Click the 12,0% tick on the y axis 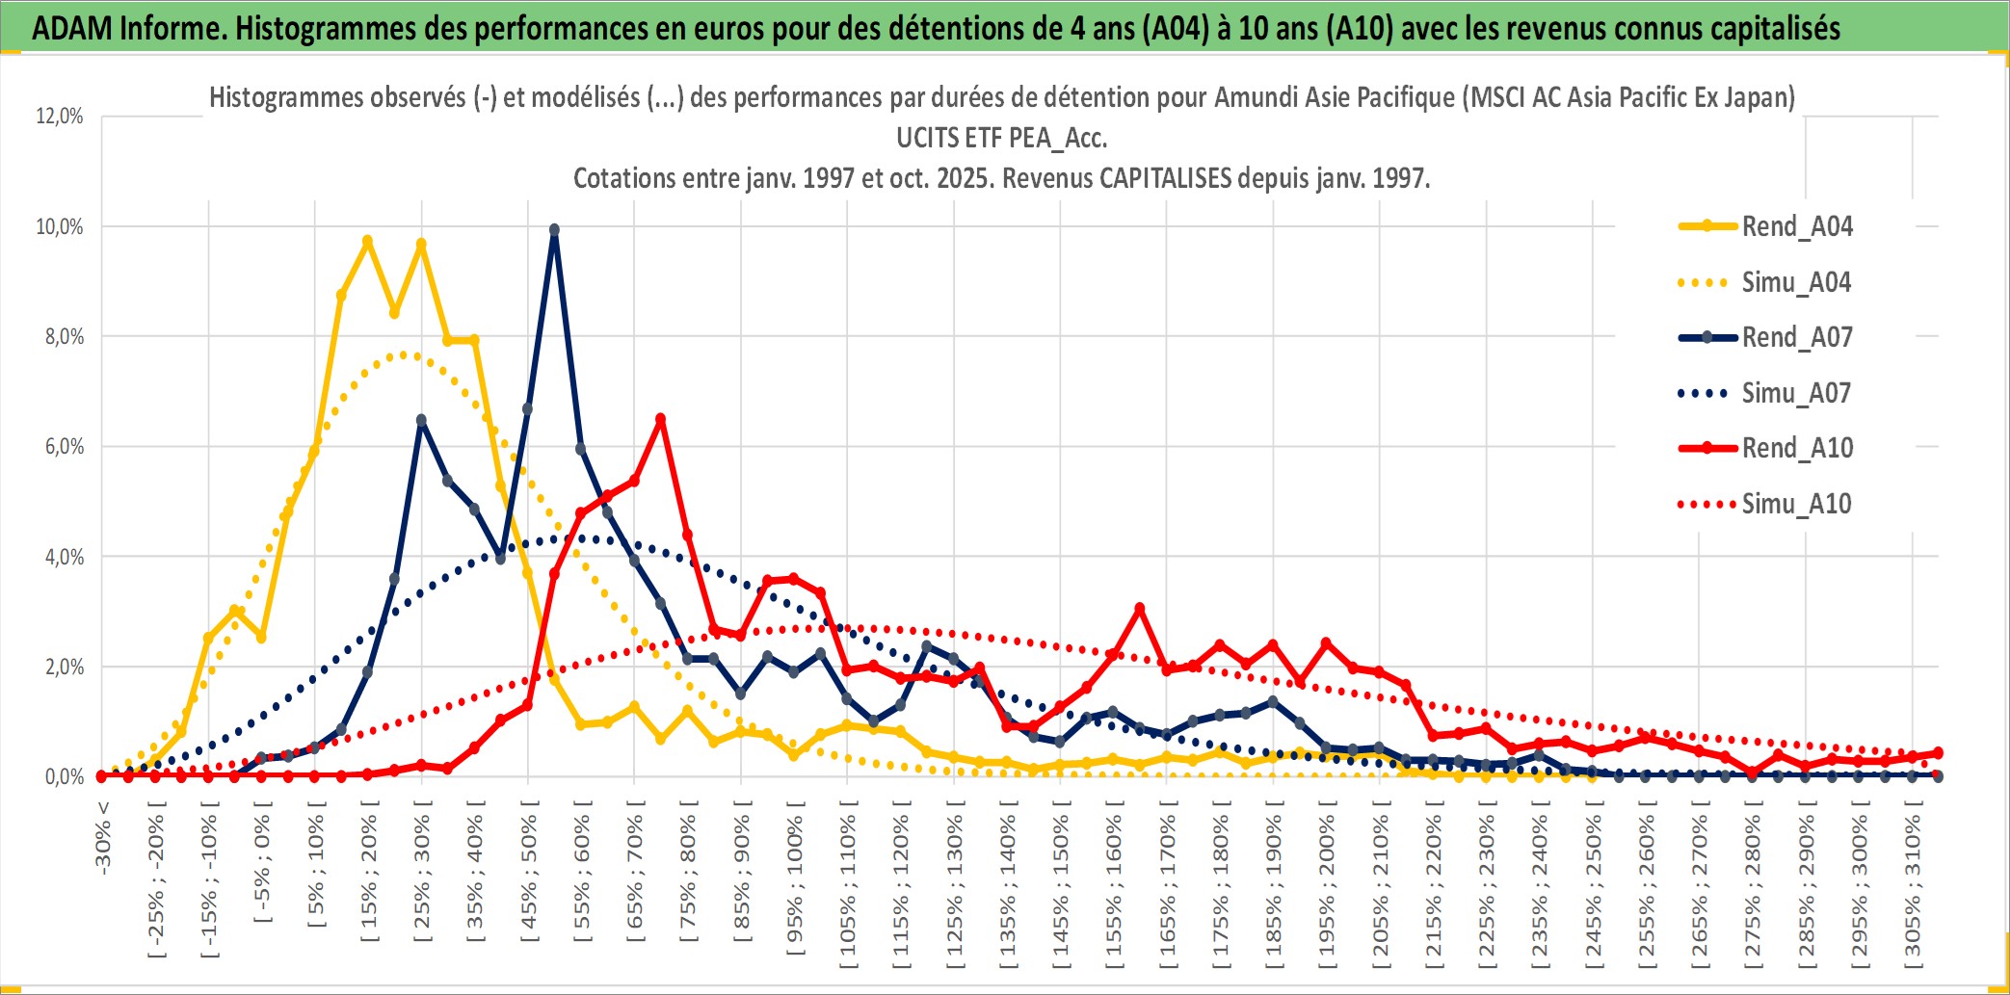coord(60,117)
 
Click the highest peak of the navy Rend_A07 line coord(554,230)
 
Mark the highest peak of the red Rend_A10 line coord(660,419)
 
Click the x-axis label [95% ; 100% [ coord(794,884)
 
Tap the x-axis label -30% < coord(103,837)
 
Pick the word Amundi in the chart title coord(1254,97)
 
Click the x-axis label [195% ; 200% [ coord(1326,886)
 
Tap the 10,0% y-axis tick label coord(60,227)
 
